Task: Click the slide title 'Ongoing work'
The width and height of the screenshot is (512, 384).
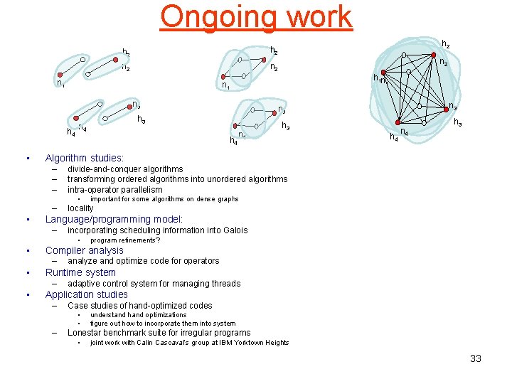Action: [x=256, y=16]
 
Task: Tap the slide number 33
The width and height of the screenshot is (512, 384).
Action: [x=476, y=358]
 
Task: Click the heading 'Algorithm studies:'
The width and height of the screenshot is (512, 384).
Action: [x=85, y=158]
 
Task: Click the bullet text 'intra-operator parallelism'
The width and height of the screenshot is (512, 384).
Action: [x=114, y=190]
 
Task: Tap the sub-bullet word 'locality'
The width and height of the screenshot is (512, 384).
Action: [x=80, y=208]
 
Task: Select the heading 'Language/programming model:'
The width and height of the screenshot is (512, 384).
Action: [x=114, y=219]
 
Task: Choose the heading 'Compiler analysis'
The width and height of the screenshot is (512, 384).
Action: [x=84, y=250]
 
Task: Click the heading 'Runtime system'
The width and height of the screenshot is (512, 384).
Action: [x=80, y=272]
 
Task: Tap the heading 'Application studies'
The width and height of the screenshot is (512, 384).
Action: [x=86, y=294]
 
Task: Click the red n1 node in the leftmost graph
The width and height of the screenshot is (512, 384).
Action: [x=60, y=74]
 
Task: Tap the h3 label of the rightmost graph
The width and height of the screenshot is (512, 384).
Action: [x=459, y=123]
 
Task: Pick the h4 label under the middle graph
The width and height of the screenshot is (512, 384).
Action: [x=233, y=141]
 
